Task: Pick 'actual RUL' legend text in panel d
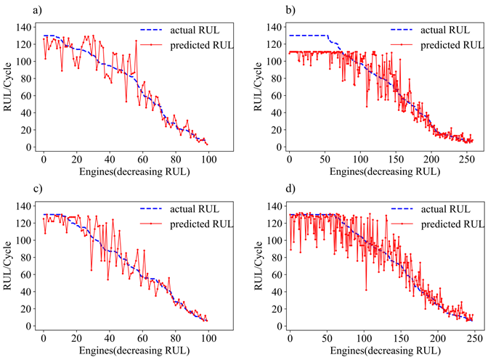coord(441,209)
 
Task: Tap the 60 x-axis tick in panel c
coord(142,339)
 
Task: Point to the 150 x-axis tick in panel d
coord(401,339)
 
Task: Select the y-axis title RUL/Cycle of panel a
coord(9,87)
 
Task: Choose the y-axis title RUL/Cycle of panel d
coord(257,266)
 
